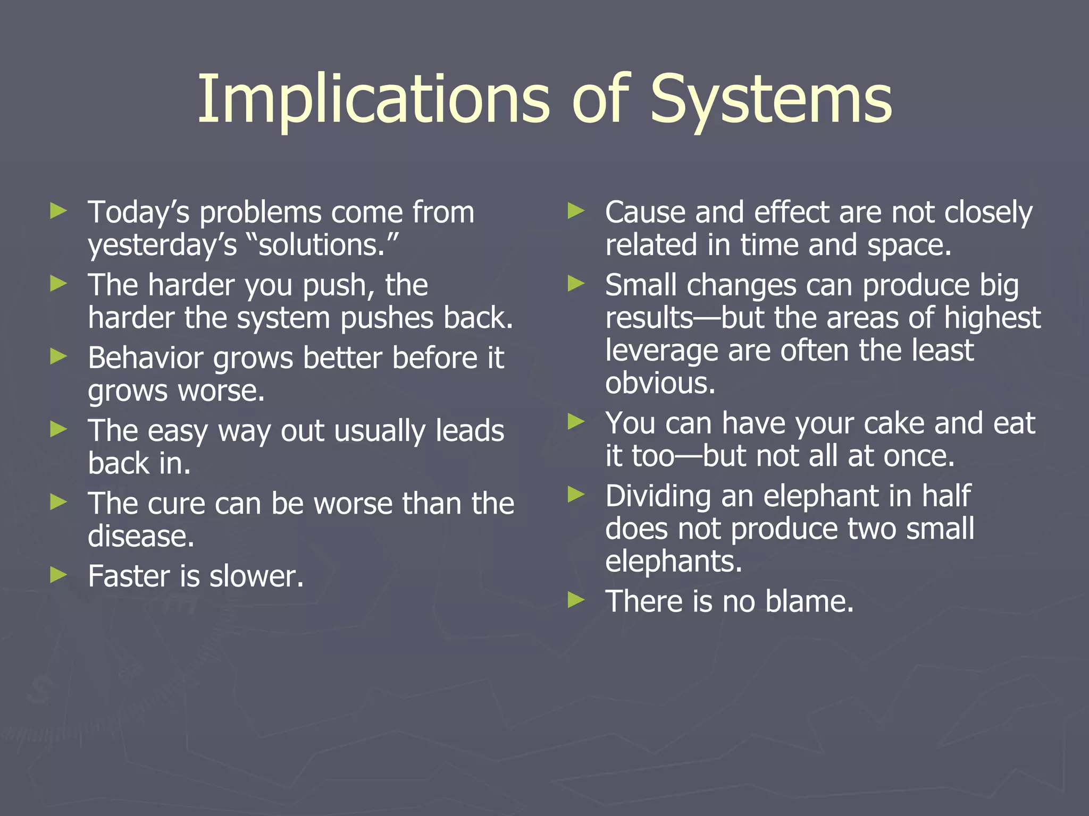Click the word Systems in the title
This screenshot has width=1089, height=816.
tap(771, 100)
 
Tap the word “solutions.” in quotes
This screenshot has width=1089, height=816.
tap(323, 245)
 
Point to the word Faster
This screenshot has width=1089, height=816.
tap(129, 576)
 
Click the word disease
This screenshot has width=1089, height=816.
tap(141, 536)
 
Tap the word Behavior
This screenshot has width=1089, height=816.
tap(145, 358)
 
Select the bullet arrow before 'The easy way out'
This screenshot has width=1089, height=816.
tap(58, 429)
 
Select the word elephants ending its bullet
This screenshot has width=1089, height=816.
tap(673, 562)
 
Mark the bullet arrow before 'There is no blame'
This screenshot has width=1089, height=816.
tap(576, 600)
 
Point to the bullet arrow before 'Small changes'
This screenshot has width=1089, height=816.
tap(576, 284)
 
